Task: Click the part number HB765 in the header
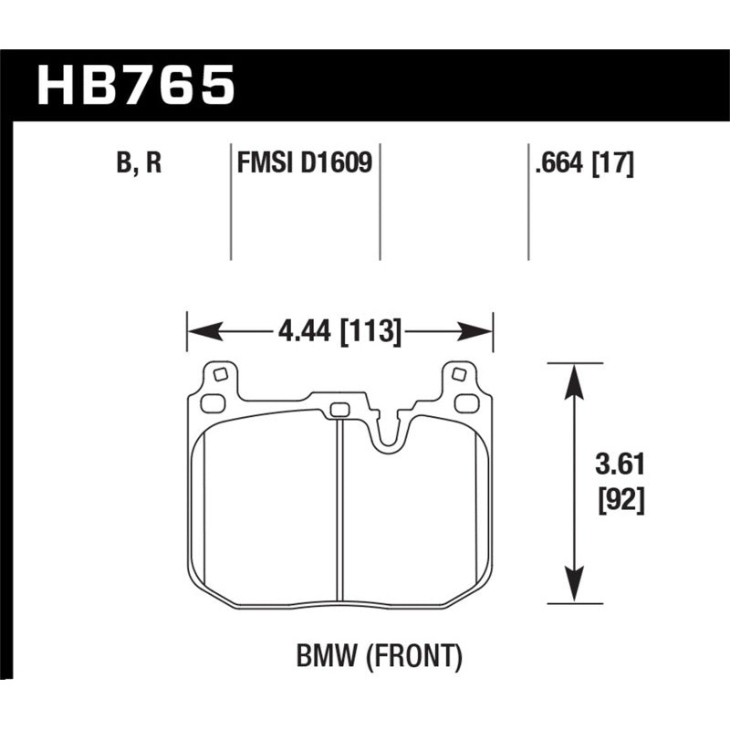pyautogui.click(x=135, y=87)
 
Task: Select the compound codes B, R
pyautogui.click(x=140, y=165)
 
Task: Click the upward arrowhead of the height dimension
pyautogui.click(x=573, y=381)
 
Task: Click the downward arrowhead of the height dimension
pyautogui.click(x=573, y=585)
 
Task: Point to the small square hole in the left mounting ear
pyautogui.click(x=218, y=373)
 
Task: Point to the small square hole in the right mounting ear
pyautogui.click(x=459, y=373)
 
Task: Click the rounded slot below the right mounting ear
pyautogui.click(x=466, y=402)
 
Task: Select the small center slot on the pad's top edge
pyautogui.click(x=339, y=409)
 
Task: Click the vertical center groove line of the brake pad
pyautogui.click(x=339, y=511)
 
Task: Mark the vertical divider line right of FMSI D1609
pyautogui.click(x=379, y=201)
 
